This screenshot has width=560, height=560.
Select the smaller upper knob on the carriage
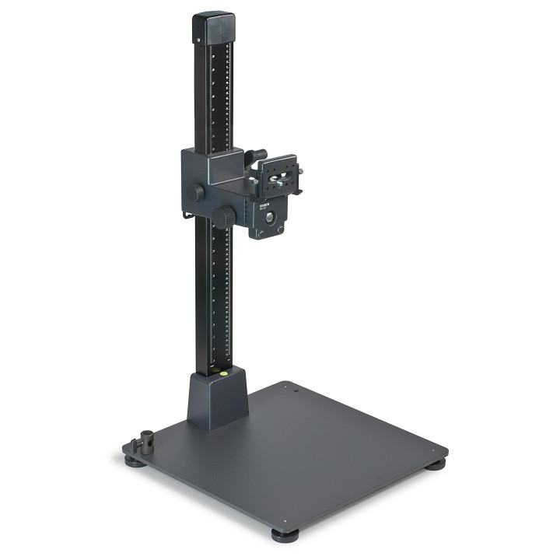pyautogui.click(x=200, y=191)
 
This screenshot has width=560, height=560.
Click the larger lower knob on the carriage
pyautogui.click(x=225, y=217)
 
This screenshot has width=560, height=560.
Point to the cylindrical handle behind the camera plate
pyautogui.click(x=259, y=154)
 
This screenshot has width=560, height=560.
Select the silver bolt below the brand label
pyautogui.click(x=271, y=221)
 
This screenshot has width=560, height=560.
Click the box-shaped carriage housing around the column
pyautogui.click(x=210, y=173)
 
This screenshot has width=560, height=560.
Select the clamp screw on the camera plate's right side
pyautogui.click(x=299, y=171)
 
